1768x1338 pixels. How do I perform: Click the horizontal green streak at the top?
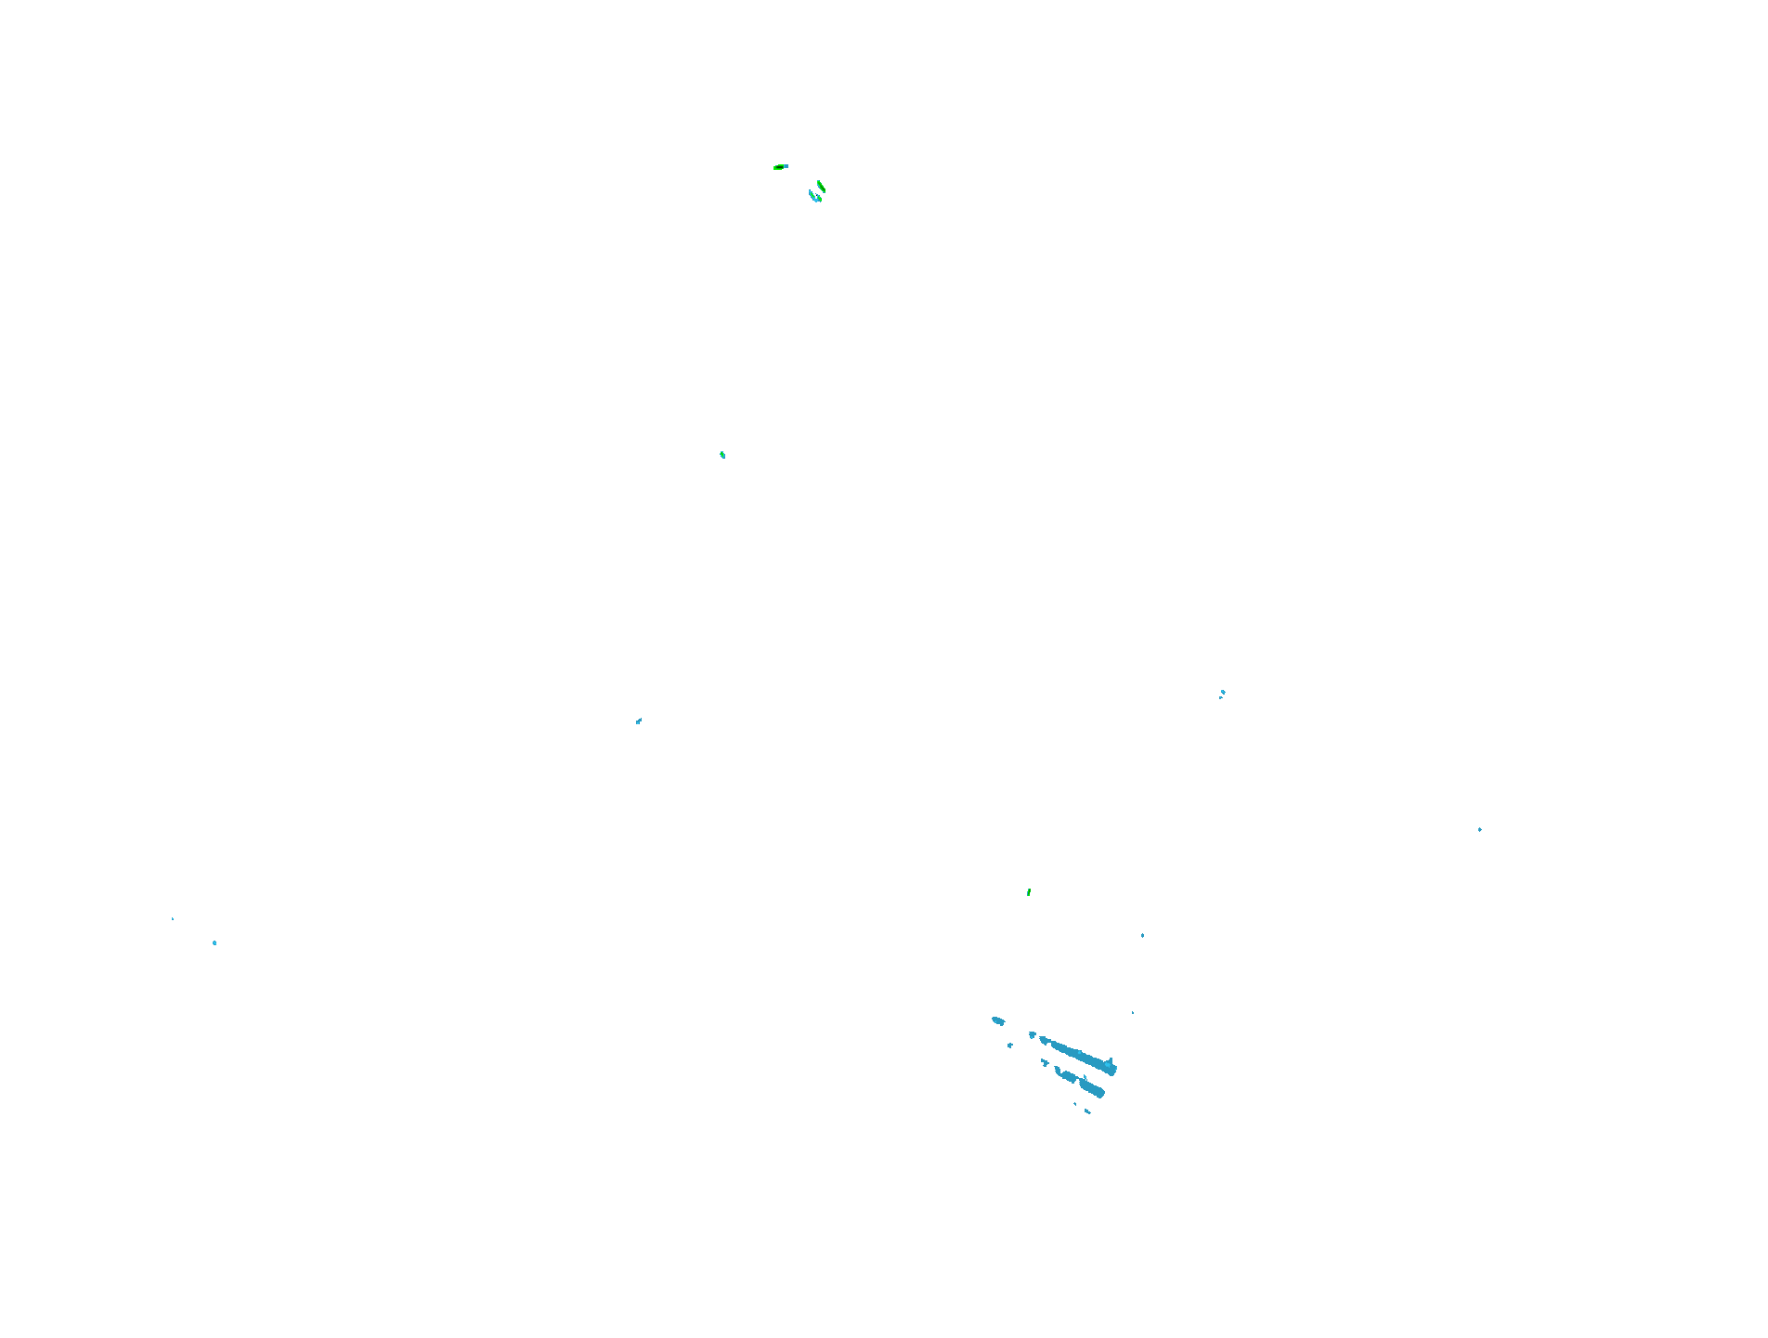[779, 167]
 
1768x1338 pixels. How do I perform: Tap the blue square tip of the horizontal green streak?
[786, 166]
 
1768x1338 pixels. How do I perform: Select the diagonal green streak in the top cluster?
[821, 187]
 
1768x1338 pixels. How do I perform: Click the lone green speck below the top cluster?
[722, 455]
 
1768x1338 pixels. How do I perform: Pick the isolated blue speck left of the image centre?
[639, 721]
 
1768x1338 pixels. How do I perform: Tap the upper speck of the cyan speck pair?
[1223, 691]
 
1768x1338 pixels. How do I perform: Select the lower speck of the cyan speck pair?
[1220, 697]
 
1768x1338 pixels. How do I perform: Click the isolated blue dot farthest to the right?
[1479, 829]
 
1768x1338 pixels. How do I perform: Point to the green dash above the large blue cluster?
[1028, 892]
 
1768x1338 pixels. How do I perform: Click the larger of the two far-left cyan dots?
[214, 942]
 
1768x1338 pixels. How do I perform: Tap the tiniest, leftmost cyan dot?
[173, 918]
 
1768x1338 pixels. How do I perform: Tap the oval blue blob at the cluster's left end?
[998, 1021]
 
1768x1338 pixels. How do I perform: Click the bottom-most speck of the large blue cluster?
[1087, 1111]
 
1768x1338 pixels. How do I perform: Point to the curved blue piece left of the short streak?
[1064, 1075]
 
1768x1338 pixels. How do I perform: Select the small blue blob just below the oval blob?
[1010, 1046]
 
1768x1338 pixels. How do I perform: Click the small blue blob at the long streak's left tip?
[1032, 1034]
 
